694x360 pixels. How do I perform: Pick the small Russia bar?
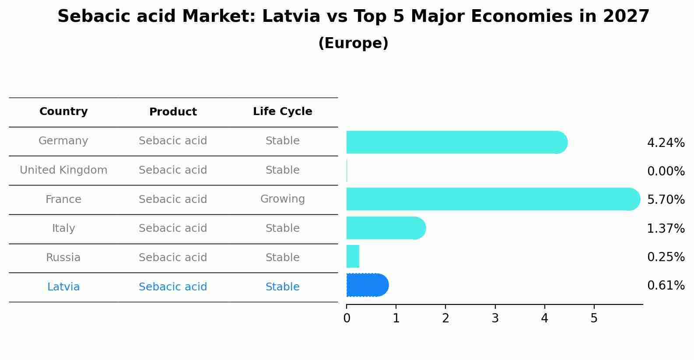pyautogui.click(x=353, y=256)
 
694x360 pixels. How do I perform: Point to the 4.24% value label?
pyautogui.click(x=666, y=143)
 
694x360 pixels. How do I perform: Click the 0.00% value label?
pyautogui.click(x=666, y=171)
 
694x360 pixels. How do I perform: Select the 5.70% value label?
pyautogui.click(x=666, y=200)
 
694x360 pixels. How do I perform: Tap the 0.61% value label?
pyautogui.click(x=666, y=286)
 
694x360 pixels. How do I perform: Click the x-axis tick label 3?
pyautogui.click(x=495, y=318)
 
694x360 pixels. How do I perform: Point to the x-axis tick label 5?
pyautogui.click(x=594, y=318)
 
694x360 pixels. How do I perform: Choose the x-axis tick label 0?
pyautogui.click(x=347, y=318)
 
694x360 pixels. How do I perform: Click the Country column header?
pyautogui.click(x=63, y=112)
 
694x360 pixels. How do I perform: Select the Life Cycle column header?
pyautogui.click(x=282, y=112)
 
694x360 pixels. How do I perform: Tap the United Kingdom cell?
pyautogui.click(x=63, y=170)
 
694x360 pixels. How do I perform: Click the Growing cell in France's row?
pyautogui.click(x=282, y=199)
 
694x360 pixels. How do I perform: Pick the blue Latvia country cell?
pyautogui.click(x=63, y=287)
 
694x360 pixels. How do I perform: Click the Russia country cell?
pyautogui.click(x=63, y=258)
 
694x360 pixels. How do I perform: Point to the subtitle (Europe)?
pyautogui.click(x=353, y=43)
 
